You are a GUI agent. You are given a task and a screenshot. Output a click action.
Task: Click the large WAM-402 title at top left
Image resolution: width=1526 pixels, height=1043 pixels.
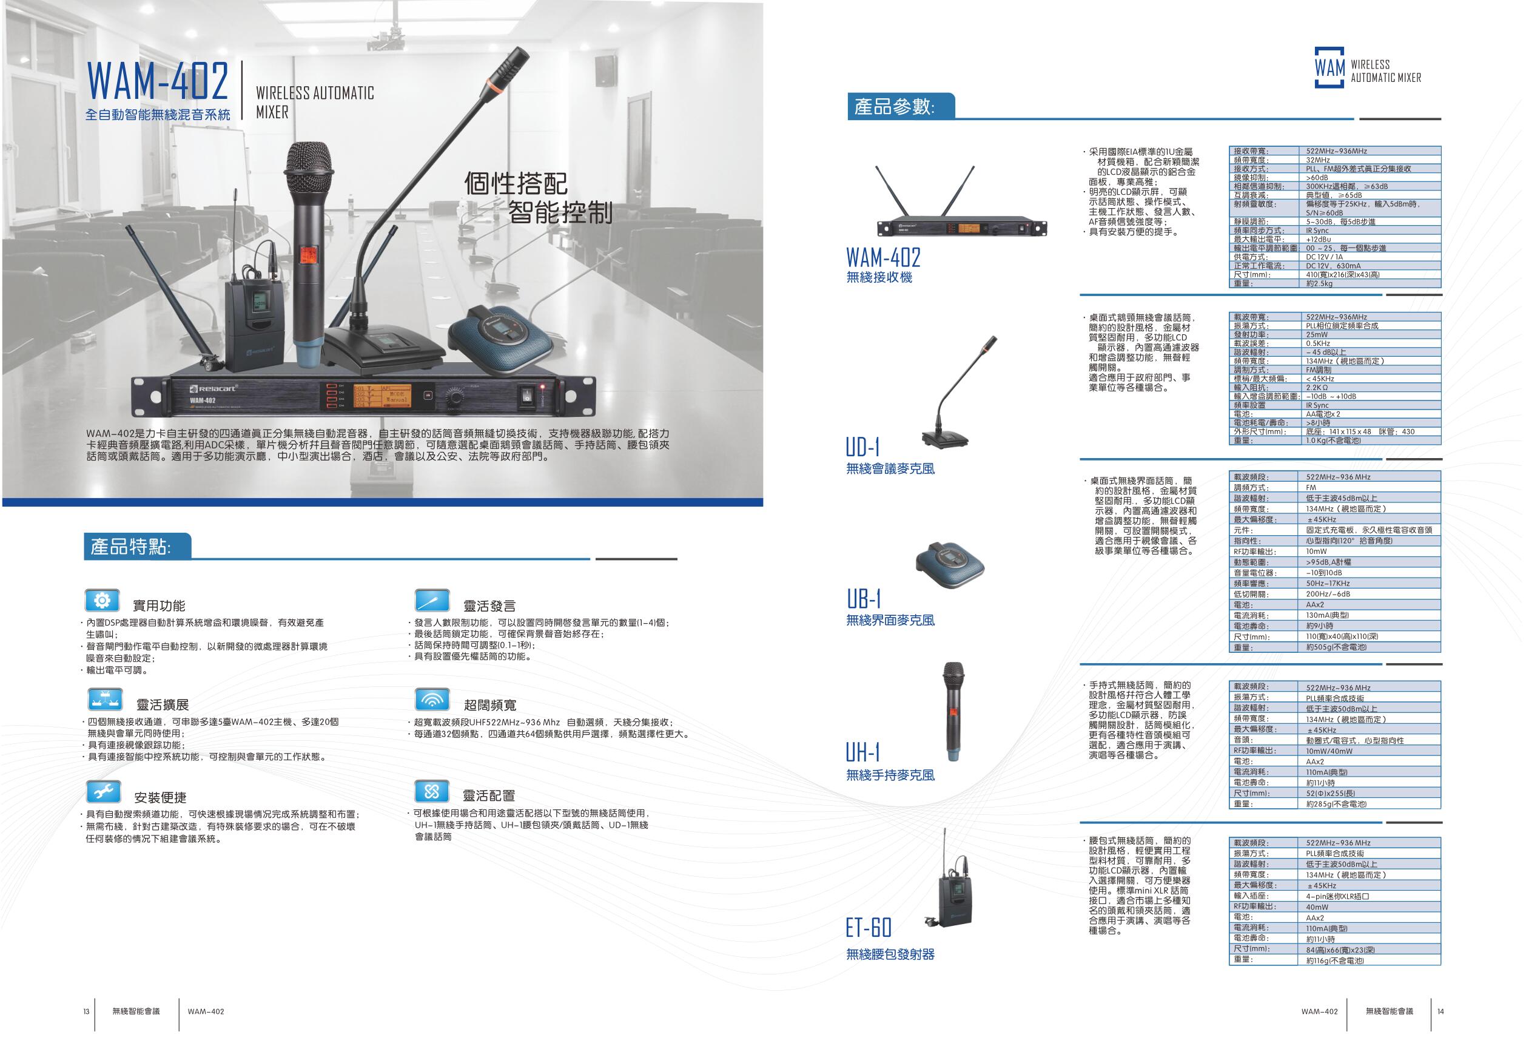(x=158, y=81)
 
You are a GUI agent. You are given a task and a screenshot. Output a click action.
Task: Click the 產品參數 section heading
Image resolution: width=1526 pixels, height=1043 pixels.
(x=895, y=106)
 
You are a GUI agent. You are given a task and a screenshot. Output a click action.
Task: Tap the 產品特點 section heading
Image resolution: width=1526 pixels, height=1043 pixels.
(x=130, y=547)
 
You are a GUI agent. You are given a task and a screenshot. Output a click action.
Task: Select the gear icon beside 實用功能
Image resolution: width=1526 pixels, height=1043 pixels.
(x=102, y=601)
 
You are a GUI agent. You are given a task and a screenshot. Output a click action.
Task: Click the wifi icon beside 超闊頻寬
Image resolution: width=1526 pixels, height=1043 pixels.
(x=432, y=700)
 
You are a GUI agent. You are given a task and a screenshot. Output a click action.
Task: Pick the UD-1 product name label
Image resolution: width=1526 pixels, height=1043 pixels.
(x=862, y=447)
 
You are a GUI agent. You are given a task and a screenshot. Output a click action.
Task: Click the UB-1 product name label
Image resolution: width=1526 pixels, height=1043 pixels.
(x=864, y=599)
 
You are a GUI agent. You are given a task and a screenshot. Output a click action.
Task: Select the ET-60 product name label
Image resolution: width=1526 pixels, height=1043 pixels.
(x=869, y=927)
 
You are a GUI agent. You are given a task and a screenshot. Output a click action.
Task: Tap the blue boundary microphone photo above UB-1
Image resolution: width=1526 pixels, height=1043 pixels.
(x=951, y=565)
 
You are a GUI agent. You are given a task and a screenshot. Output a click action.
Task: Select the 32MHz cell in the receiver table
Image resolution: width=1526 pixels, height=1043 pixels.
(x=1317, y=160)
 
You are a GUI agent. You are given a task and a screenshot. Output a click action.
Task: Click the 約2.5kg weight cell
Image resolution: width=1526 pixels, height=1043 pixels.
(x=1319, y=284)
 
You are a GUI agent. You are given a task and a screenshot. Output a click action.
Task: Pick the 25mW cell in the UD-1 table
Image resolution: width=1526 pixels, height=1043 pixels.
(x=1317, y=334)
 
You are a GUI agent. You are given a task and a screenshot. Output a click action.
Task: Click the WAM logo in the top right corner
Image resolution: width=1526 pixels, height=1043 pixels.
(x=1367, y=67)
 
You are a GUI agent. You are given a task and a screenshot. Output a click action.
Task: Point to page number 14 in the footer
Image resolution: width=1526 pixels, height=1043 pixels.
(x=1440, y=1011)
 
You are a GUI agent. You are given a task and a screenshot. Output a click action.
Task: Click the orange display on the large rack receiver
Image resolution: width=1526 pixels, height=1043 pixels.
(x=382, y=396)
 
